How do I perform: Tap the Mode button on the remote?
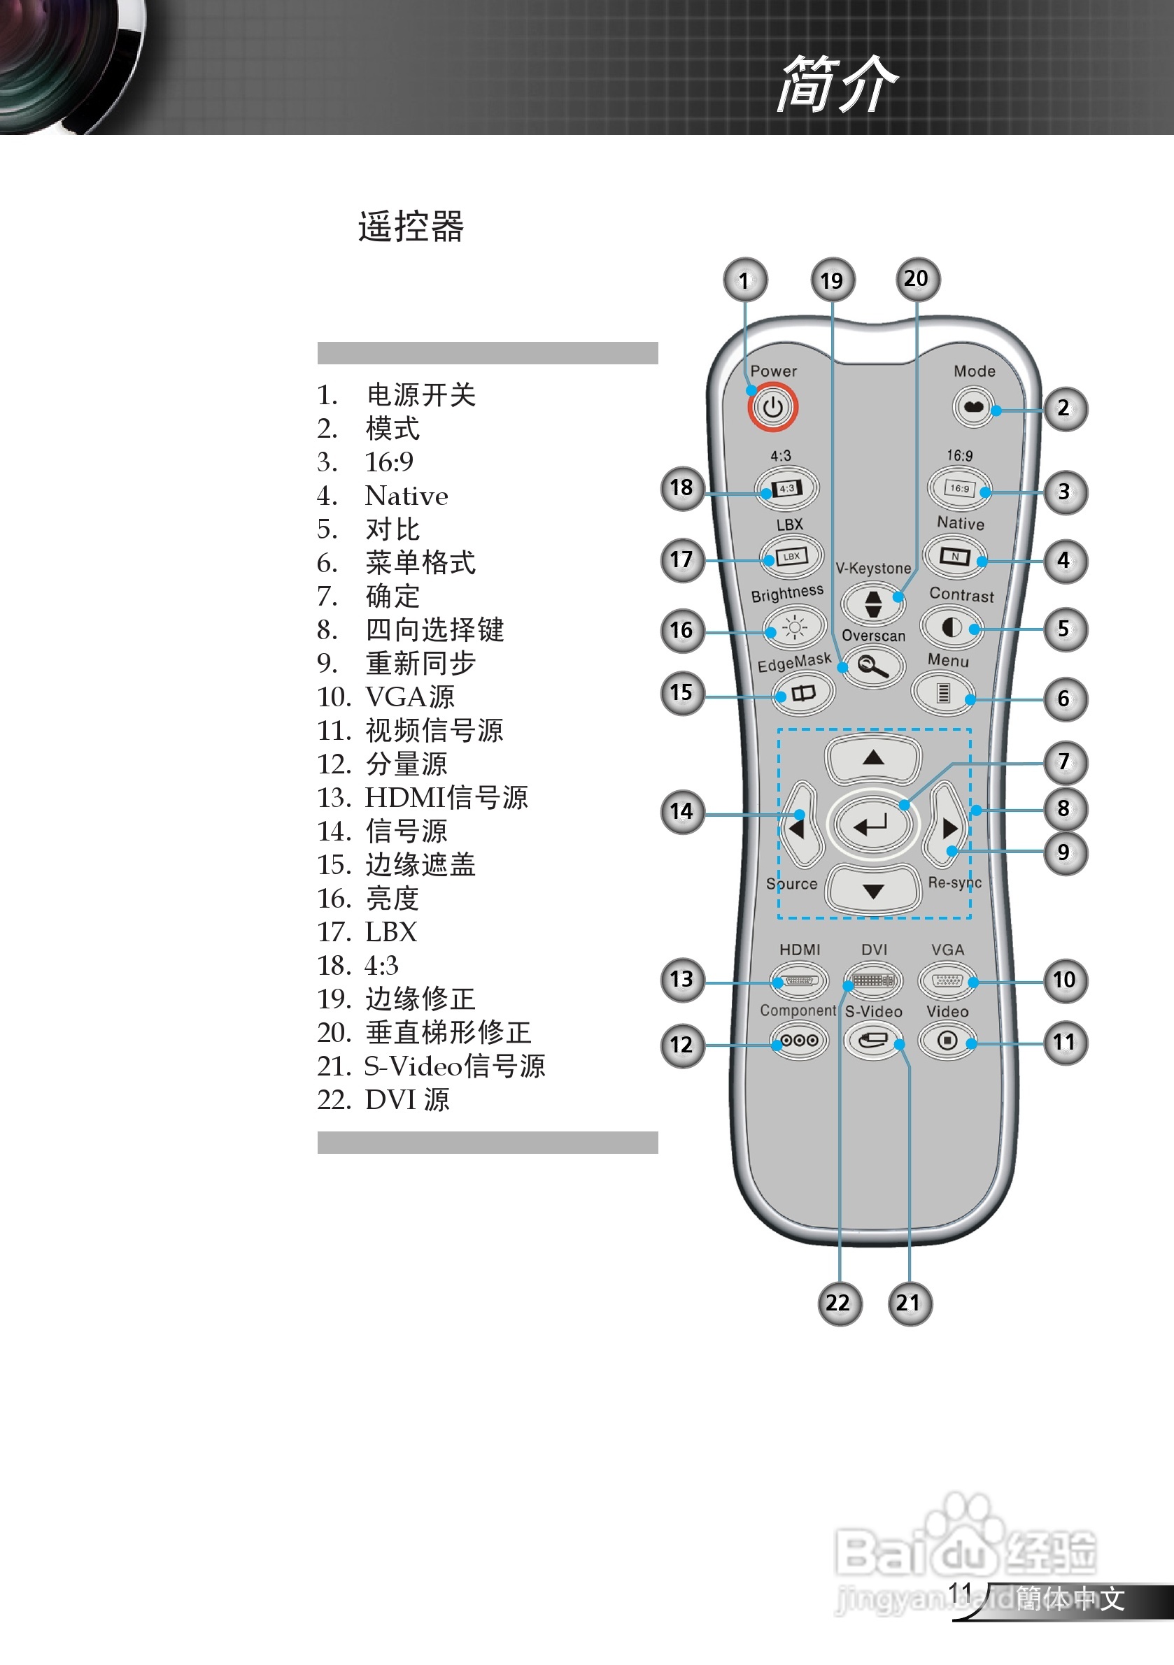click(973, 408)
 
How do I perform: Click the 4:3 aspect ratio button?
click(786, 488)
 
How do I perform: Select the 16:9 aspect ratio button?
click(959, 488)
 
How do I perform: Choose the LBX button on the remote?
click(791, 557)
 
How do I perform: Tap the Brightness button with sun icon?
click(795, 627)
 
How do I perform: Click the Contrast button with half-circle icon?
click(952, 627)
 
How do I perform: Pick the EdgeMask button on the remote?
click(802, 693)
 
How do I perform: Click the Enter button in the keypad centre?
click(872, 824)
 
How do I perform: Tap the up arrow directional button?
click(873, 759)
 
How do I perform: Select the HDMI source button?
click(799, 980)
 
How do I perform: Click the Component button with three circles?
click(799, 1041)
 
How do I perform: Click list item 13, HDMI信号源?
click(423, 798)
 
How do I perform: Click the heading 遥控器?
click(411, 227)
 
